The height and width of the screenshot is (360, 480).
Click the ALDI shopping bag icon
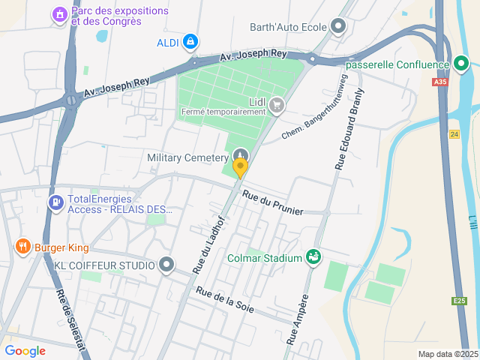pos(190,41)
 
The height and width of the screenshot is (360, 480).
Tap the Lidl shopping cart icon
pos(277,104)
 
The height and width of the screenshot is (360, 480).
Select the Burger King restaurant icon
pos(23,246)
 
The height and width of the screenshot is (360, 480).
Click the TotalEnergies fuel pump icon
pos(55,202)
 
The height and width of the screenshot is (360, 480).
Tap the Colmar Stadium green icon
pos(313,258)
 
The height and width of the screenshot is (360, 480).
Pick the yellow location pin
pos(240,168)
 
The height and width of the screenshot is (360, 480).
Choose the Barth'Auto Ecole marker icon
pos(338,28)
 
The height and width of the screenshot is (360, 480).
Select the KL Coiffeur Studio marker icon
pos(166,265)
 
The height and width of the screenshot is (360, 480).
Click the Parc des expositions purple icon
pos(59,14)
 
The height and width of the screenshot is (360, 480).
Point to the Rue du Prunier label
pos(273,203)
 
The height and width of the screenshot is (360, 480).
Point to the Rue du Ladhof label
pos(208,244)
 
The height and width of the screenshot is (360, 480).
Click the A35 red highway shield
pos(440,83)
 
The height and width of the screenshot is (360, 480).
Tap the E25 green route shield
pos(460,300)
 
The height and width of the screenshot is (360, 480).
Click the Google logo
pos(25,351)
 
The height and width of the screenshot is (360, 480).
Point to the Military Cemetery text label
pos(187,157)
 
